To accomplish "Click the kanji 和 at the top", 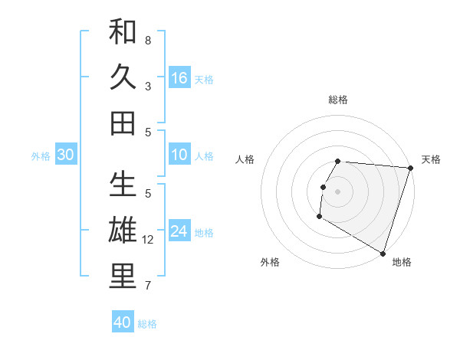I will pyautogui.click(x=123, y=32).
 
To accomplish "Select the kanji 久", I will pyautogui.click(x=123, y=77).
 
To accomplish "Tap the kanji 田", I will pyautogui.click(x=123, y=123).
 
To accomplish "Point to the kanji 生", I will pyautogui.click(x=123, y=185).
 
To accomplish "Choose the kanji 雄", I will pyautogui.click(x=123, y=231).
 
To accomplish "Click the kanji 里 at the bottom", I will pyautogui.click(x=123, y=277).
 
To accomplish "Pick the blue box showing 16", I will pyautogui.click(x=179, y=78).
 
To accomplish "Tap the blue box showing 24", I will pyautogui.click(x=179, y=232).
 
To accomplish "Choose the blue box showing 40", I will pyautogui.click(x=123, y=322).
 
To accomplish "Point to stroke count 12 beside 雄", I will pyautogui.click(x=149, y=240).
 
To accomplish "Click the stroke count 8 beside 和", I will pyautogui.click(x=148, y=40).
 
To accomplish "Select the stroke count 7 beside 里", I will pyautogui.click(x=148, y=286).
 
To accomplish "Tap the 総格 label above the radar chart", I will pyautogui.click(x=338, y=100).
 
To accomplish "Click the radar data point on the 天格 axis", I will pyautogui.click(x=410, y=168).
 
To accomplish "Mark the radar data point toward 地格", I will pyautogui.click(x=382, y=252).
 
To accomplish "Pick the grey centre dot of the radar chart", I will pyautogui.click(x=337, y=191).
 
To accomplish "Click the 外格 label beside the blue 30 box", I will pyautogui.click(x=41, y=156).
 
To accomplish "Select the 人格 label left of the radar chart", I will pyautogui.click(x=245, y=159).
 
